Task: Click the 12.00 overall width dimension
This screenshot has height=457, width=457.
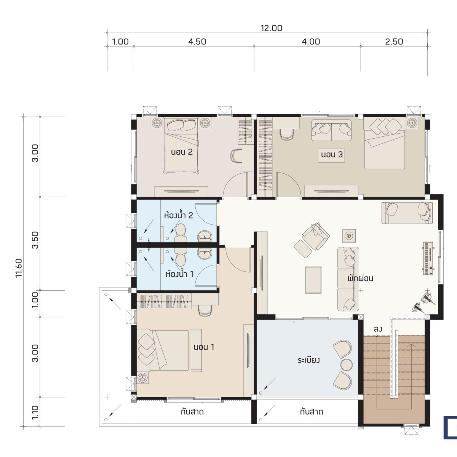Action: click(272, 28)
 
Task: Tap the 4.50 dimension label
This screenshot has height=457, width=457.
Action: click(197, 42)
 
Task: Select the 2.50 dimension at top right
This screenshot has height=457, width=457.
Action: click(394, 42)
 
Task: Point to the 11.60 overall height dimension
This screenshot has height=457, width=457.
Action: click(19, 268)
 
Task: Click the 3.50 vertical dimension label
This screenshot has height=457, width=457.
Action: click(35, 240)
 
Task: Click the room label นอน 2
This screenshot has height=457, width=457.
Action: click(182, 152)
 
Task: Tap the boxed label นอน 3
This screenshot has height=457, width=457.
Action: click(332, 155)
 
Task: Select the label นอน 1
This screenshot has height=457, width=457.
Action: click(204, 347)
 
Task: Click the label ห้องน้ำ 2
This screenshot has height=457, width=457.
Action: click(178, 215)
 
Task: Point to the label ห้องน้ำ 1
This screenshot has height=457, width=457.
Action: click(179, 274)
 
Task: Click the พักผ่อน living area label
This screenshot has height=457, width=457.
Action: click(361, 278)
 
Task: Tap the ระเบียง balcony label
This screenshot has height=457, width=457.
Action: click(309, 360)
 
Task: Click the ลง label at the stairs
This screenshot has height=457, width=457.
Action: click(378, 329)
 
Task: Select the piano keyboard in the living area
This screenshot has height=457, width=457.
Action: click(428, 258)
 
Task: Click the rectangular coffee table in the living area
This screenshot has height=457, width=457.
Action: click(313, 280)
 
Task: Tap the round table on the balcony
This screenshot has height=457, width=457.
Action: click(347, 365)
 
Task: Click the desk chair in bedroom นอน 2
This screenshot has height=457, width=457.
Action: click(236, 156)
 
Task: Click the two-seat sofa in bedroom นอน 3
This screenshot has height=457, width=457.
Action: click(331, 131)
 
